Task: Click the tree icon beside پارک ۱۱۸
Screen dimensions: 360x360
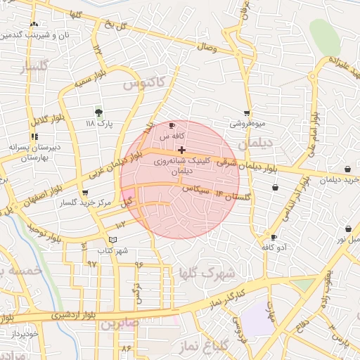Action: pyautogui.click(x=98, y=111)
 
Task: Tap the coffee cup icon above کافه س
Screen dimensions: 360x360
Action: pyautogui.click(x=172, y=125)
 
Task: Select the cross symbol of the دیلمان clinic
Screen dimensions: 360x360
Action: pyautogui.click(x=182, y=149)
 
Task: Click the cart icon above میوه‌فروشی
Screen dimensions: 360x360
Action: pyautogui.click(x=247, y=112)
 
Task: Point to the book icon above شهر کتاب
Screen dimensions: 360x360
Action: pyautogui.click(x=113, y=240)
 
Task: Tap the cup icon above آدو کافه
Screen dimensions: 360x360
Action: pyautogui.click(x=274, y=237)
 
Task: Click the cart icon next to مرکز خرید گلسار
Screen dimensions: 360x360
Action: pyautogui.click(x=85, y=192)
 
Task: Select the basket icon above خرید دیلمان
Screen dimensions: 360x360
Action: pyautogui.click(x=348, y=169)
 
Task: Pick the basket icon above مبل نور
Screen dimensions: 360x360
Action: pyautogui.click(x=348, y=229)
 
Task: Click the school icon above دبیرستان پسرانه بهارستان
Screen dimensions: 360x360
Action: pyautogui.click(x=34, y=136)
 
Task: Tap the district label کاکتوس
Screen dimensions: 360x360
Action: pyautogui.click(x=143, y=83)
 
